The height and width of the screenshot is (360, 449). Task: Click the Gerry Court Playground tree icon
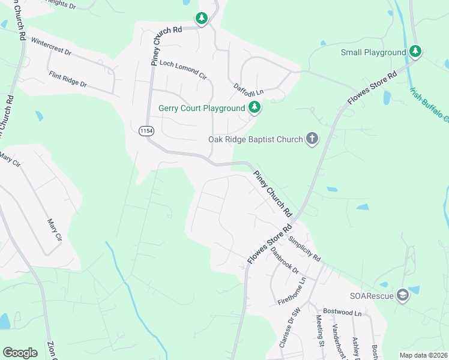click(255, 108)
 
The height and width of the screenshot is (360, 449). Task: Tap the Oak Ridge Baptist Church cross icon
click(312, 139)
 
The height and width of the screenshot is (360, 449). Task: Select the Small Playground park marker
click(415, 52)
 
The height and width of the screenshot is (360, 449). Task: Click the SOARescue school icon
click(402, 296)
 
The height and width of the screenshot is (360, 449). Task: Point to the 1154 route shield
click(146, 131)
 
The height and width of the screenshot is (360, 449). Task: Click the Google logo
click(20, 352)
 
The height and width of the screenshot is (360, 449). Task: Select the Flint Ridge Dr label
click(67, 80)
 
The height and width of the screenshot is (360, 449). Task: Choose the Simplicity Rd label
click(304, 249)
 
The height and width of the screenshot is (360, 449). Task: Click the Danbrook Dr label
click(285, 259)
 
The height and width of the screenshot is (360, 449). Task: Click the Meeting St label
click(320, 332)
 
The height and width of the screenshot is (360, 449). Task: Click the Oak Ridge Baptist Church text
click(256, 139)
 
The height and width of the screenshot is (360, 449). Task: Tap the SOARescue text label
click(372, 296)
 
